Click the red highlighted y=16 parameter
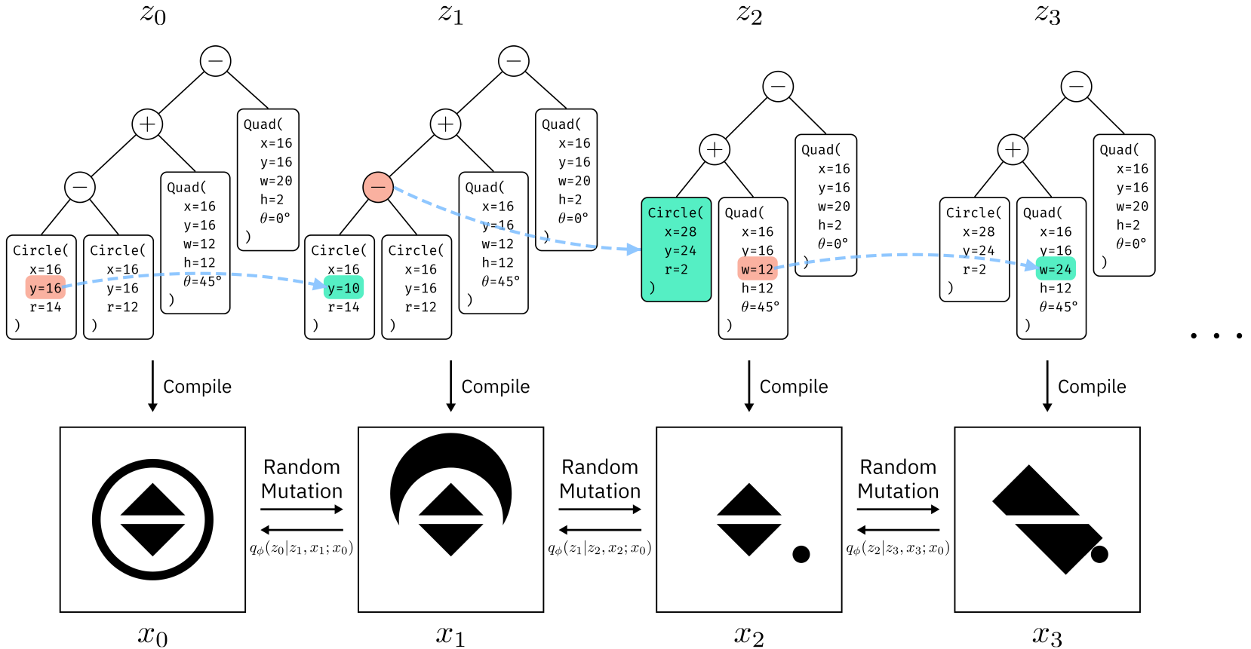45,288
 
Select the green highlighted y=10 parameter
343,288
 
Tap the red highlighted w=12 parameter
758,269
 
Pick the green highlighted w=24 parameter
1056,269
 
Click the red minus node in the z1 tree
378,187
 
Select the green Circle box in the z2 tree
676,249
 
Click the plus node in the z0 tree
147,124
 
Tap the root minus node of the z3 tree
1076,87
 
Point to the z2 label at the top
749,14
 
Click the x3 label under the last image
1047,635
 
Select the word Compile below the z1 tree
496,386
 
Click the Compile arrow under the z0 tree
152,386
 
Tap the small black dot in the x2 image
801,554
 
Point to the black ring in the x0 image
152,463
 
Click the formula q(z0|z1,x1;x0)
302,549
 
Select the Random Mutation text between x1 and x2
600,479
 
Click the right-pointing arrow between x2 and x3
898,509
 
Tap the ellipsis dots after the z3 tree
1216,335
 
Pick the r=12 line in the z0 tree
122,306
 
